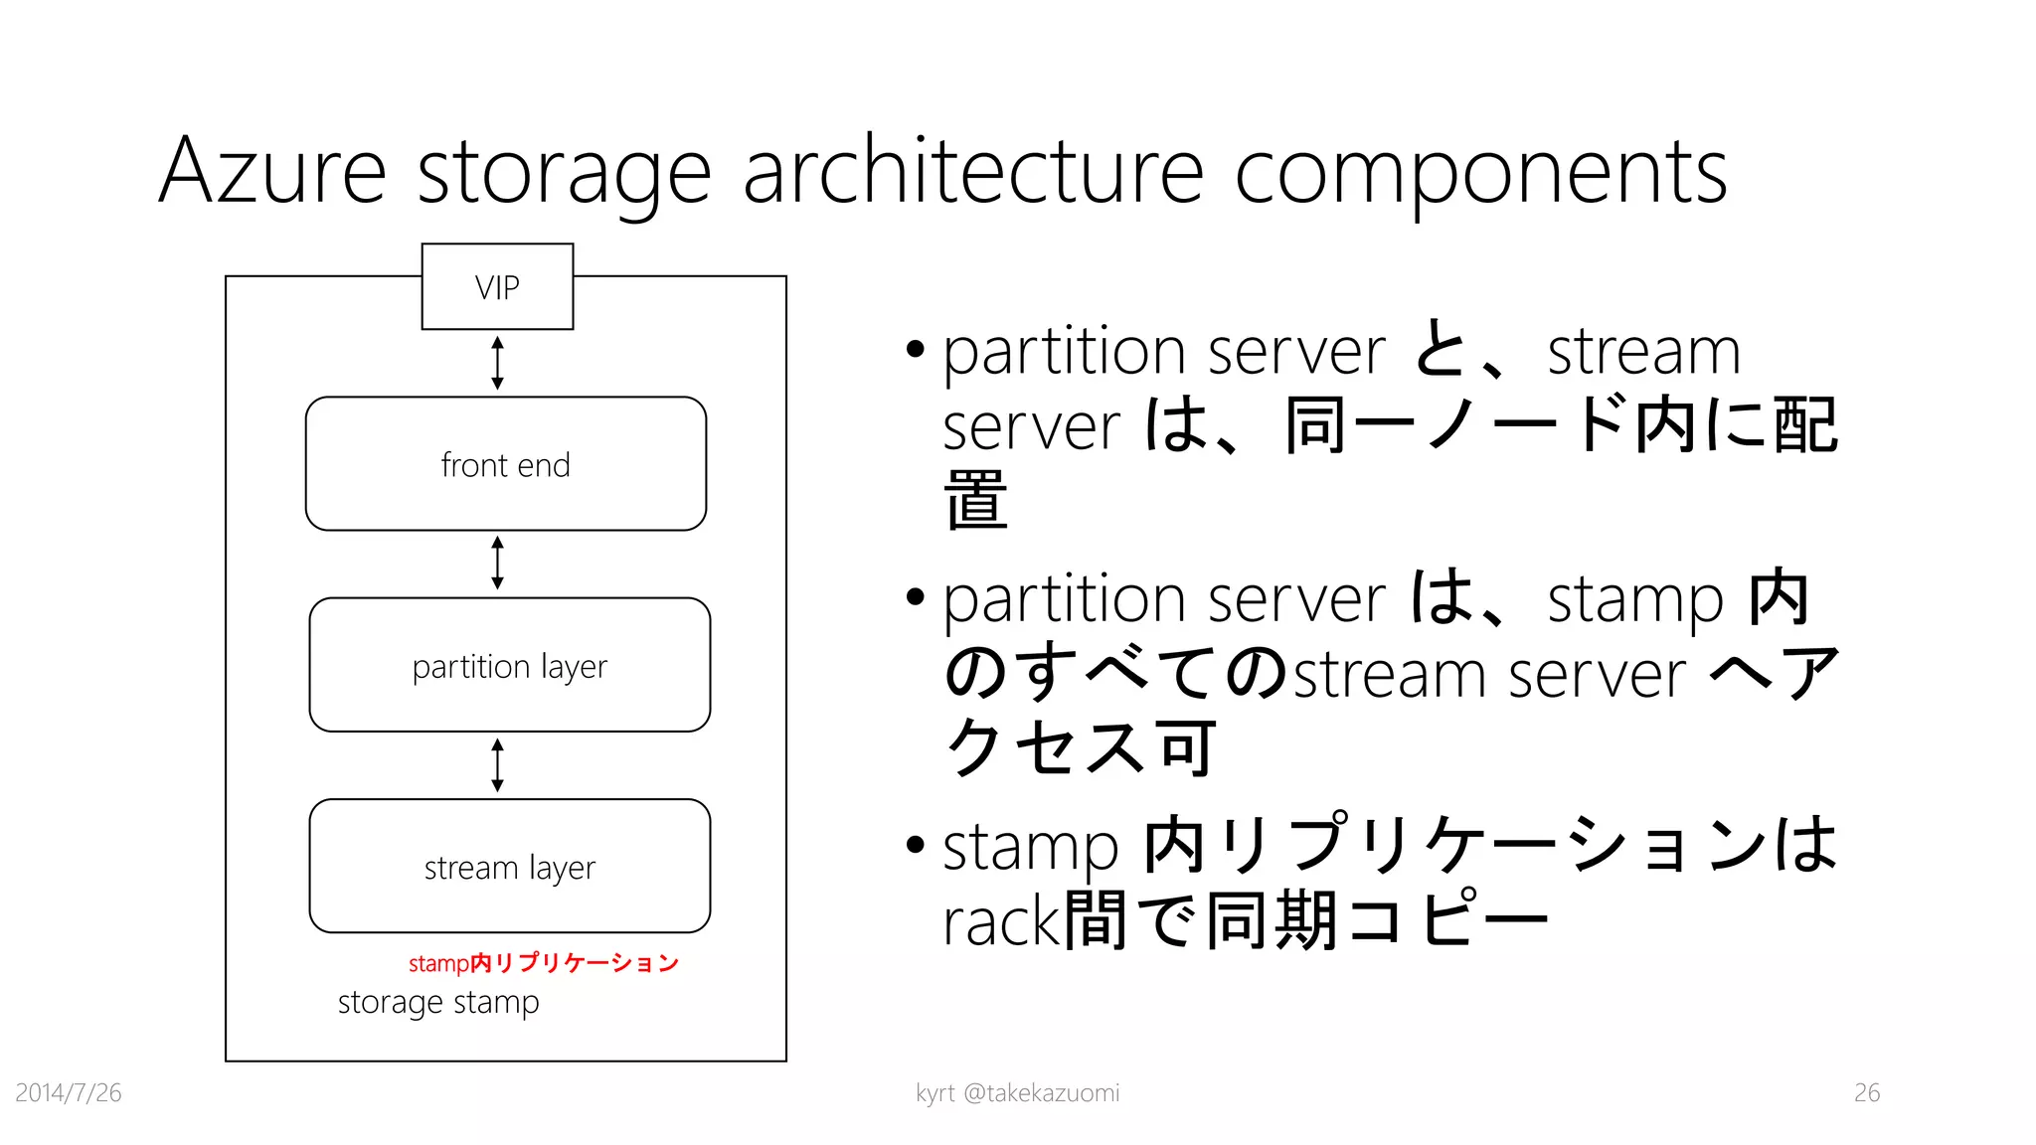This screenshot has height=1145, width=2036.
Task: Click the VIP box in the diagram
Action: point(497,286)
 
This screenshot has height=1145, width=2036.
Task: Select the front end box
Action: point(506,464)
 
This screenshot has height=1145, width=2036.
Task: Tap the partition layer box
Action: point(509,665)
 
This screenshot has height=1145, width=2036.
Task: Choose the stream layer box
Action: point(509,866)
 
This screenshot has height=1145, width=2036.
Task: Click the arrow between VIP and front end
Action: point(498,363)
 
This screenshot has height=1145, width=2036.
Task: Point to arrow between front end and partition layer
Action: point(498,564)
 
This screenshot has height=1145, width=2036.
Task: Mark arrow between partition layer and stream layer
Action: point(498,765)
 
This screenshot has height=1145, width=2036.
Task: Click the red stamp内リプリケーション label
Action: point(543,962)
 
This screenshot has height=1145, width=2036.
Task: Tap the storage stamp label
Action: point(438,1002)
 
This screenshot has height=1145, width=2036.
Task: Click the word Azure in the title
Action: point(272,172)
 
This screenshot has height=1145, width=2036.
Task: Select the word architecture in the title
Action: point(973,172)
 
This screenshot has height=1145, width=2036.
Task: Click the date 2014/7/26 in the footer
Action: point(69,1092)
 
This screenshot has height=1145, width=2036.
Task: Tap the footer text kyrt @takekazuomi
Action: point(1017,1092)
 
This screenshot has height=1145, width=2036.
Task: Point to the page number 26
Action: point(1866,1092)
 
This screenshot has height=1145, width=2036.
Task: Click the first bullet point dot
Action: point(916,350)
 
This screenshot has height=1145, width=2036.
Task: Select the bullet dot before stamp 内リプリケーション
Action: point(916,846)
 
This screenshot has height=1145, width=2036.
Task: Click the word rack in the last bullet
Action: point(1002,921)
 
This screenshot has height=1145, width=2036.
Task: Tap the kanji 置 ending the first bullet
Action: point(975,500)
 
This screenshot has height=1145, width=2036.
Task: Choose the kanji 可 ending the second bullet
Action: point(1186,747)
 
